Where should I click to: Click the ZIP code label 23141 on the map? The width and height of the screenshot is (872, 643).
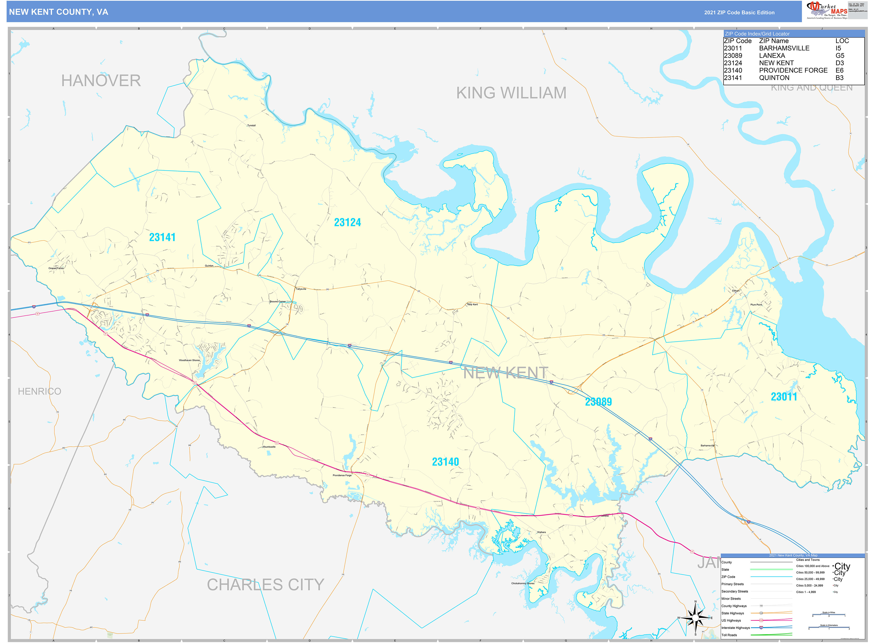(162, 237)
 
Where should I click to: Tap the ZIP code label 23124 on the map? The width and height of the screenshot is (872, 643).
(347, 222)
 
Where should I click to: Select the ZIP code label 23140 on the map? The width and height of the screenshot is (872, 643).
(445, 462)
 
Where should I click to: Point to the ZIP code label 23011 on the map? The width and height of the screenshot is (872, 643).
(784, 397)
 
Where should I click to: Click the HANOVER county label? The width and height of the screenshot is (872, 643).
(101, 81)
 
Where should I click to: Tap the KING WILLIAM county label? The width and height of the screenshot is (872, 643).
(511, 93)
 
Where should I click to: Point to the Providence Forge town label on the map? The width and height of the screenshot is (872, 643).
(342, 475)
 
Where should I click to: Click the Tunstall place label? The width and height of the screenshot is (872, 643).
(251, 125)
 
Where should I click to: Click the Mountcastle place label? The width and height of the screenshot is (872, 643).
(269, 446)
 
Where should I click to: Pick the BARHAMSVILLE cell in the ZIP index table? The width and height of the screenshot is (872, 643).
(784, 48)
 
